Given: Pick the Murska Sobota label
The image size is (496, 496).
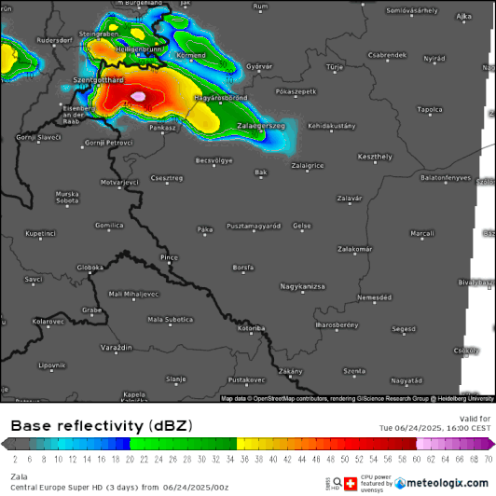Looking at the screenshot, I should (67, 197).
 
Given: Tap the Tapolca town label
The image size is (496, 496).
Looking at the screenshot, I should (430, 109).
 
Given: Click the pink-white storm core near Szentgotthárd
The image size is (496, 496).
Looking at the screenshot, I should (138, 96).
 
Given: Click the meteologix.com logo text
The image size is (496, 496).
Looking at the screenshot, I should (444, 483).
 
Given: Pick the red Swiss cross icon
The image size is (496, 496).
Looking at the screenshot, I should (351, 483).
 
